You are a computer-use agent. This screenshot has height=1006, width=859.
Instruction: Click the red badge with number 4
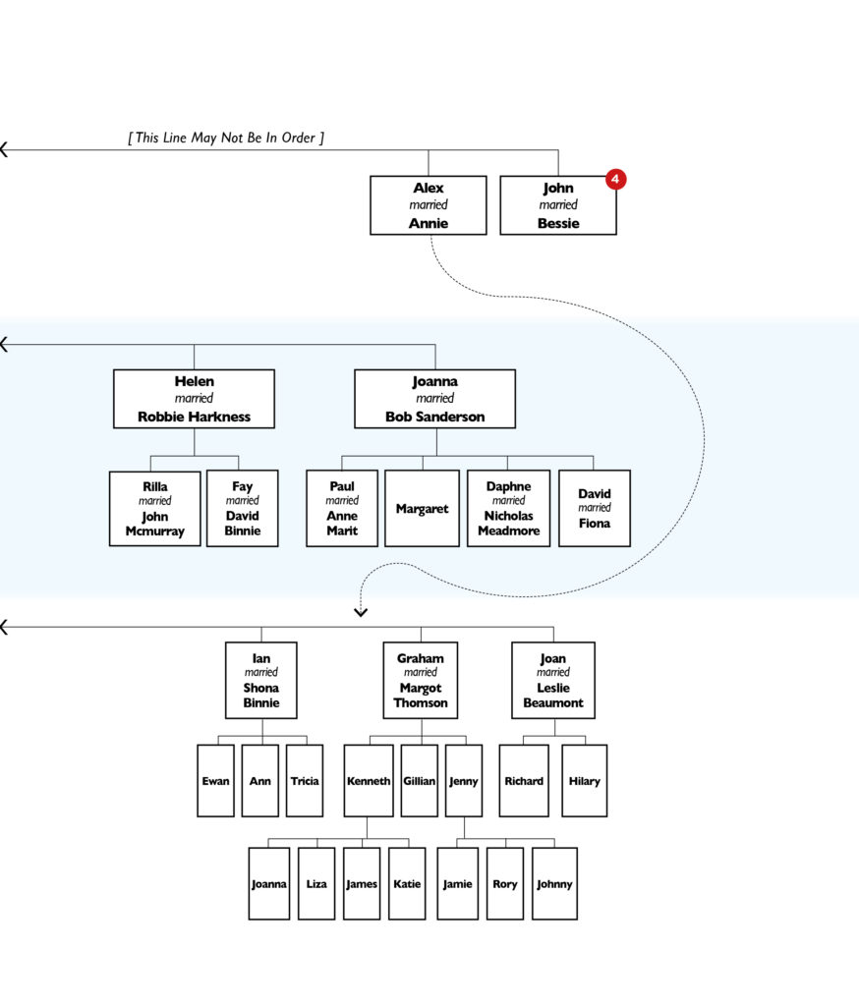[x=615, y=179]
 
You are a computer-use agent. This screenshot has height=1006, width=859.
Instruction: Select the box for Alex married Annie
[x=428, y=205]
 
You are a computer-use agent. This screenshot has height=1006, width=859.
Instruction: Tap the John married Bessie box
[x=557, y=205]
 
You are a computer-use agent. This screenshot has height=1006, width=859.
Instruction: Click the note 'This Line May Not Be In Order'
[x=226, y=138]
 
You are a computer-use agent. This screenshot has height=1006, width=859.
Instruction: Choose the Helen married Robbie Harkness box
[x=194, y=399]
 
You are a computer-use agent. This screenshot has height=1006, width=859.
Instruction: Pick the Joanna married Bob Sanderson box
[x=434, y=399]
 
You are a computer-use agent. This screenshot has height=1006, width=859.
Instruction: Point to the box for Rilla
[x=154, y=508]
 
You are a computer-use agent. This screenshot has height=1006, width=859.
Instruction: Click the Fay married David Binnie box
[x=242, y=508]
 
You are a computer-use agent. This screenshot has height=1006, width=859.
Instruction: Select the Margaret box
[x=422, y=508]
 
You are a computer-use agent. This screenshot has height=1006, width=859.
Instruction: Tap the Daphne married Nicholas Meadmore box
[x=508, y=508]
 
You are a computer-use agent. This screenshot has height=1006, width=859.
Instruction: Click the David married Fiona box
[x=594, y=508]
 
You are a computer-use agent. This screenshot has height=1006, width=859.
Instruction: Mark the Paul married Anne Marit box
[x=342, y=508]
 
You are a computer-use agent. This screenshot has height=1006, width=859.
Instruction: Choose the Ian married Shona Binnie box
[x=261, y=680]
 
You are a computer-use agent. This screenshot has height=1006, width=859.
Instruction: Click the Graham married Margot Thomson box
[x=421, y=680]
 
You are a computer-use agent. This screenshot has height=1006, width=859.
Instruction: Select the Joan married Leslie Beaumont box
[x=553, y=680]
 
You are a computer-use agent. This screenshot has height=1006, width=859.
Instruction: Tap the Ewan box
[x=215, y=781]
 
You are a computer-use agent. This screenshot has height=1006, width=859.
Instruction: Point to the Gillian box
[x=420, y=781]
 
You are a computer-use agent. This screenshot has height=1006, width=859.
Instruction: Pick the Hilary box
[x=584, y=781]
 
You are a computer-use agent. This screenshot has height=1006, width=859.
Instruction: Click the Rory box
[x=505, y=884]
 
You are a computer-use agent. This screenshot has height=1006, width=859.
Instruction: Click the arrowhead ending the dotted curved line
[x=361, y=612]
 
